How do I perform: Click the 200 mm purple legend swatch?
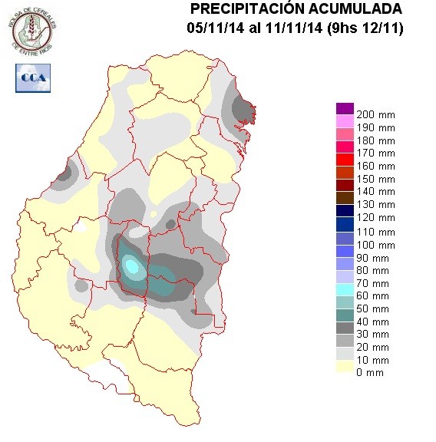point(345,108)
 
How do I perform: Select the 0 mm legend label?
point(370,373)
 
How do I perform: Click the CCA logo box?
point(32,78)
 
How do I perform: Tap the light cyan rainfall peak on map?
point(132,266)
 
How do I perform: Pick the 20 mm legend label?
point(373,348)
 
